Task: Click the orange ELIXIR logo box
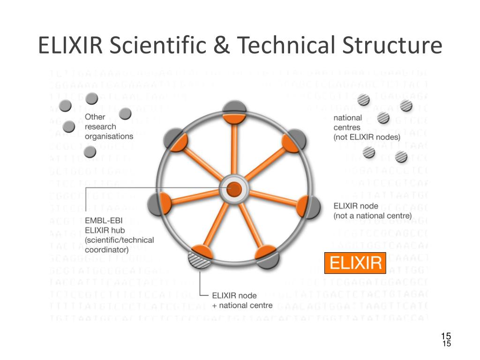point(355,263)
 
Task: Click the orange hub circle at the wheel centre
point(234,189)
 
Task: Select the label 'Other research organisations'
point(109,127)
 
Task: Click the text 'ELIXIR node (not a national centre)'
point(372,210)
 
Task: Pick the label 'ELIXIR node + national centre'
point(242,300)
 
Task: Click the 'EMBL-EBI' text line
point(104,221)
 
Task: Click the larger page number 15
point(446,336)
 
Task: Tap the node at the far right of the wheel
point(311,205)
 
